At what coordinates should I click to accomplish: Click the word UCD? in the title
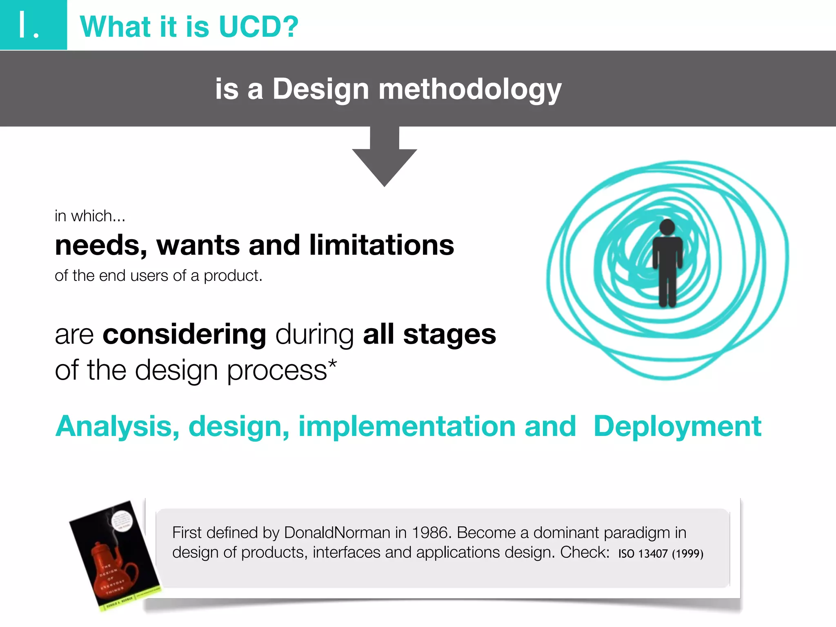(x=258, y=27)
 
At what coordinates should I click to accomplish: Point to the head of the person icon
(x=667, y=227)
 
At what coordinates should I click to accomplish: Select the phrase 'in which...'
(x=90, y=216)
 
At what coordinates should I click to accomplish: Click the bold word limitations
(x=381, y=245)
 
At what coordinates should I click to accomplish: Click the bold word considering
(x=184, y=334)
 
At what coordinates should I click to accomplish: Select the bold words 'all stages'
(x=429, y=334)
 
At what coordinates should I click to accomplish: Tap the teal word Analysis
(x=117, y=427)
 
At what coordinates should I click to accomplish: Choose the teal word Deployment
(x=677, y=427)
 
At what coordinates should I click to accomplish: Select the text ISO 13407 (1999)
(x=660, y=554)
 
